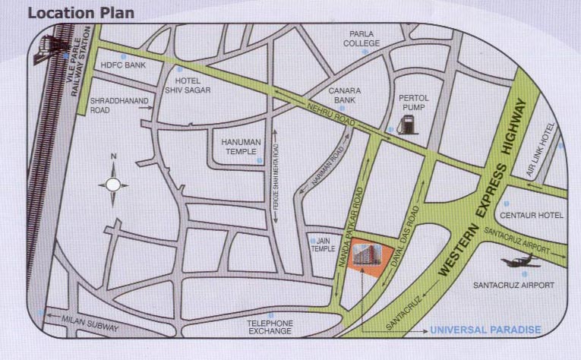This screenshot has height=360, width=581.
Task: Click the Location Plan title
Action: [x=81, y=12]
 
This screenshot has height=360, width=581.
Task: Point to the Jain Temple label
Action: [x=319, y=245]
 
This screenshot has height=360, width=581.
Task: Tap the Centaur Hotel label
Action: [x=532, y=216]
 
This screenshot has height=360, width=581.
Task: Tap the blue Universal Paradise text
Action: [x=485, y=330]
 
